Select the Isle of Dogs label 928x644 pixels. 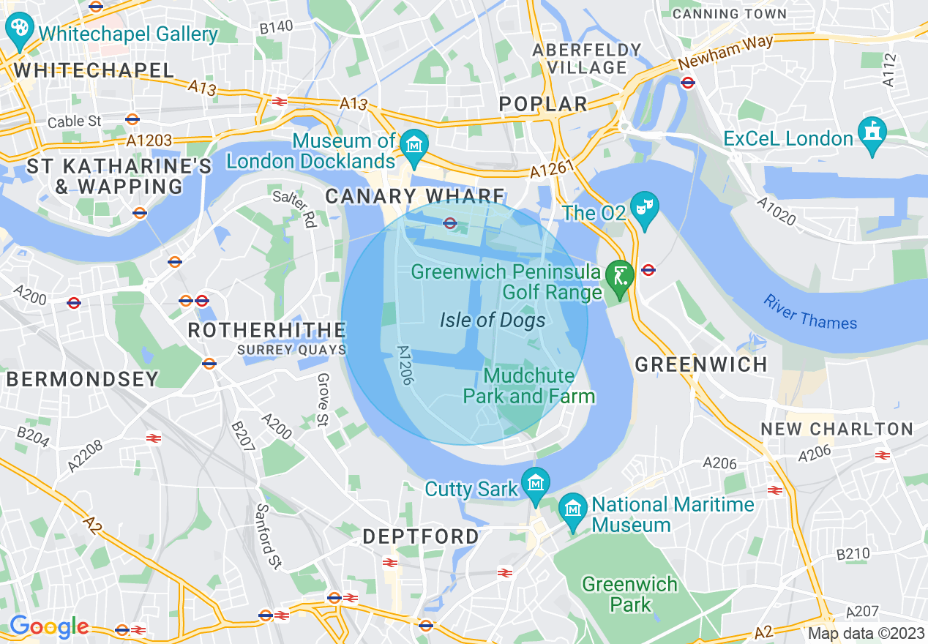[x=493, y=320]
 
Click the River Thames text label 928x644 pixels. [x=809, y=312]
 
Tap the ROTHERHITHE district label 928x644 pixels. [x=266, y=330]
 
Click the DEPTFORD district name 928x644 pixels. [x=421, y=536]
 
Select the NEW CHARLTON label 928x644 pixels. [x=837, y=429]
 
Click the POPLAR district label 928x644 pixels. [x=543, y=104]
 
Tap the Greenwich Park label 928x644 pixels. [x=629, y=594]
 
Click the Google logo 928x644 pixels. [x=49, y=626]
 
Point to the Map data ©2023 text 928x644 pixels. [x=866, y=634]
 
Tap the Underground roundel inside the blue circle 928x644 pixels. [x=450, y=223]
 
